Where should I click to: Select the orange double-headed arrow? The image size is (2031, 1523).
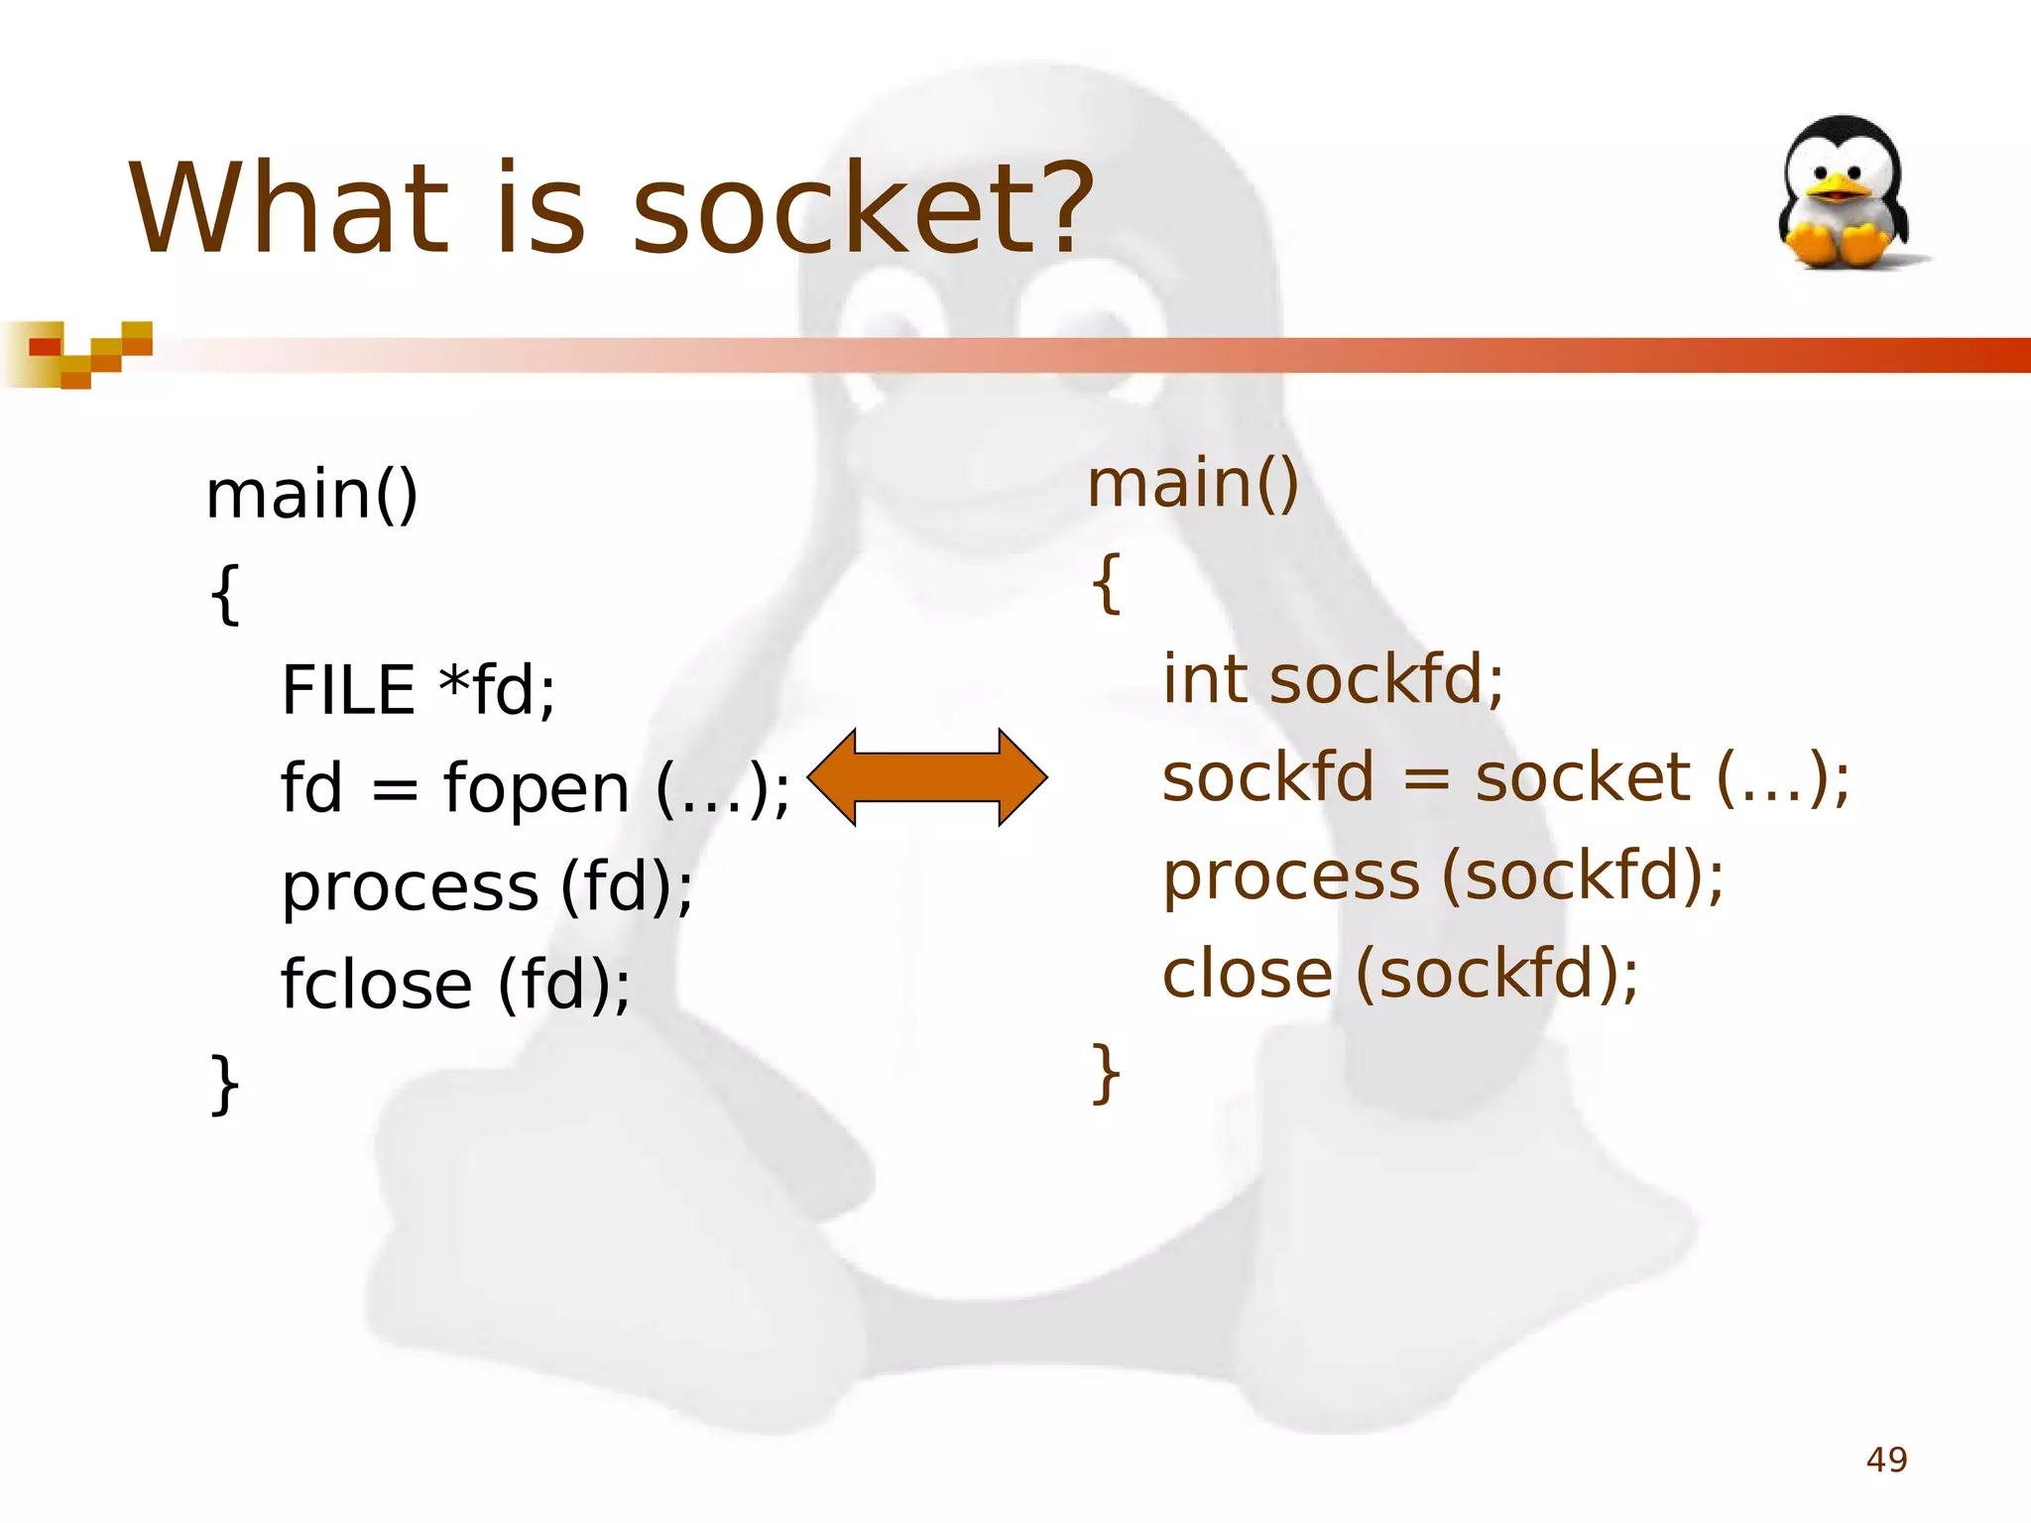[x=927, y=777]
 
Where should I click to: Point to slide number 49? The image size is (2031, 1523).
[x=1886, y=1460]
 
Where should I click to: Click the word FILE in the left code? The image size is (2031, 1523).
[x=348, y=690]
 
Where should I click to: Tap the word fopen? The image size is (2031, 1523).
[x=536, y=789]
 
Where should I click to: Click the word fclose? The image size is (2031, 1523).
[x=376, y=985]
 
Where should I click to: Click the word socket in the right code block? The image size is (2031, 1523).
[x=1582, y=777]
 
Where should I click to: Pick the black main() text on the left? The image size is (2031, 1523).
[x=311, y=495]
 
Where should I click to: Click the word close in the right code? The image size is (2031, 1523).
[x=1247, y=974]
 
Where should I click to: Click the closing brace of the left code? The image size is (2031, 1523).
[x=225, y=1084]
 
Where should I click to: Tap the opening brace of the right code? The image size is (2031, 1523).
[x=1106, y=583]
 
